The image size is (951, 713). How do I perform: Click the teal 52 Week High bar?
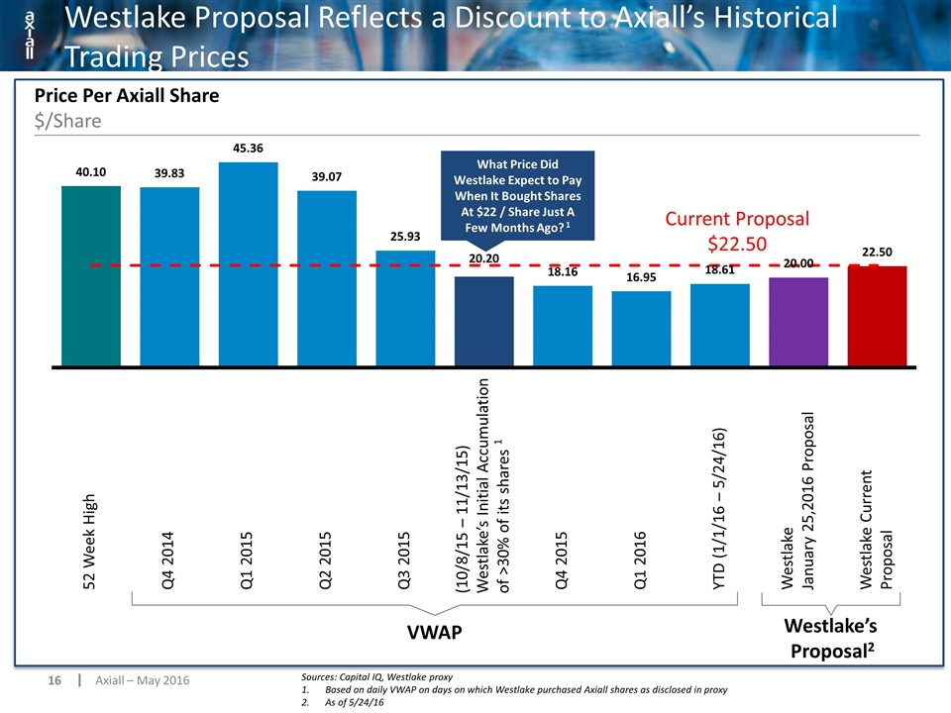coord(91,276)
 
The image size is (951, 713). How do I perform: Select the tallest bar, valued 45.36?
coord(248,264)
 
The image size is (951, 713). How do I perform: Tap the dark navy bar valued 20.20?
coord(484,321)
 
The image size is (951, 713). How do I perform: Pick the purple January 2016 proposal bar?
coord(798,322)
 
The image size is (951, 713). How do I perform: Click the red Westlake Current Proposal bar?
coord(877,316)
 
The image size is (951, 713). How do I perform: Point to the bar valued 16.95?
coord(641,329)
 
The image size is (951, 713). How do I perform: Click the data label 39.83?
coord(169,173)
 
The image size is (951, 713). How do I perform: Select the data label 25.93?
coord(405,237)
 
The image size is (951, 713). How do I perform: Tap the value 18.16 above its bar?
coord(563,271)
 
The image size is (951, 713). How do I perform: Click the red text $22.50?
coord(737,244)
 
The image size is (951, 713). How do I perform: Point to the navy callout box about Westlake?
coord(517,195)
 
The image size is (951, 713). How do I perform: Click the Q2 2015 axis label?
coord(326,560)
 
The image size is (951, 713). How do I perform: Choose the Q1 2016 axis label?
coord(640,560)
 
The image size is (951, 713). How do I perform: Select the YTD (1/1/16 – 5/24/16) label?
coord(719,509)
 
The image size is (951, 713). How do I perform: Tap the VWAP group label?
coord(434,633)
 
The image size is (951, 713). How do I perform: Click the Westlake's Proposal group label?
coord(831,638)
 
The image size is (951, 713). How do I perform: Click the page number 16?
coord(54,680)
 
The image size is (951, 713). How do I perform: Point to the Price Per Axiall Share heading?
coord(127,95)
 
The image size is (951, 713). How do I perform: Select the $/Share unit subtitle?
coord(68,121)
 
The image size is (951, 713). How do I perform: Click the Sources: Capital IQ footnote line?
coord(376,676)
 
